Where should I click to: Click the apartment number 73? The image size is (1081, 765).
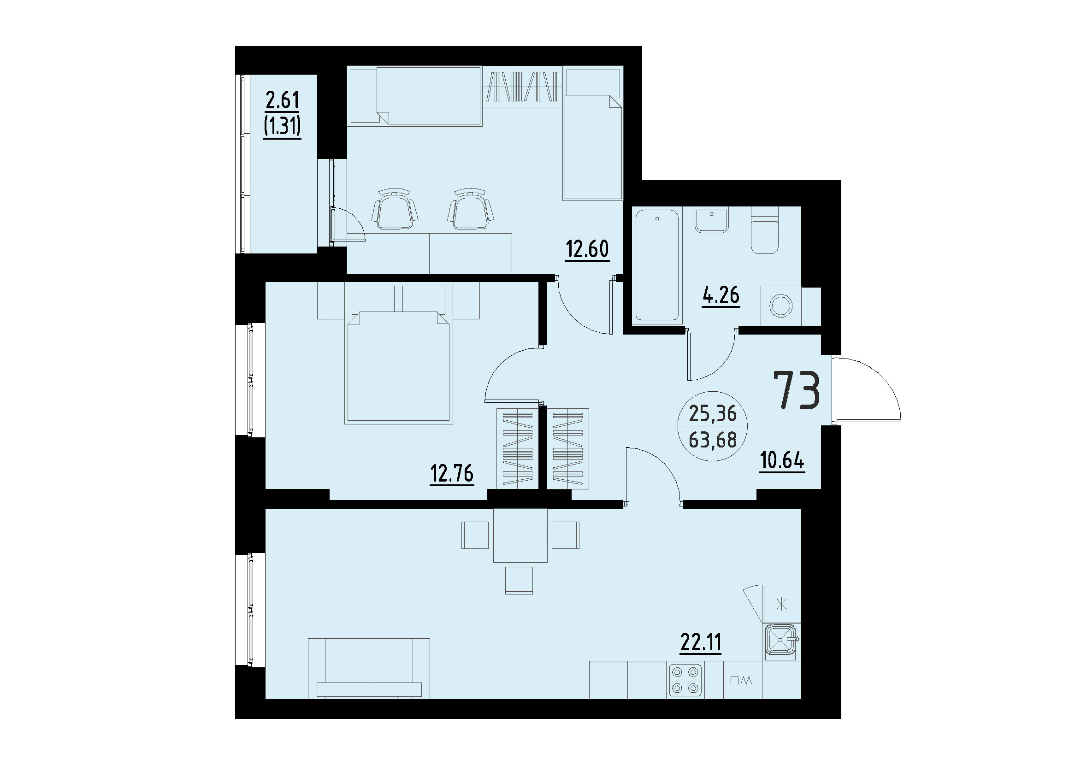pos(797,389)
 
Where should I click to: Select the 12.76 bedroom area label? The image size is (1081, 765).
pos(451,473)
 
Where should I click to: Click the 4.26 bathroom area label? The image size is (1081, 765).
pos(721,295)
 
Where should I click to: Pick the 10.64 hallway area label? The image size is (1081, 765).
pos(782,460)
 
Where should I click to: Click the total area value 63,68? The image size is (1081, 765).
pos(713,441)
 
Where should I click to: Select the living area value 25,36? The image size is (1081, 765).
pos(713,413)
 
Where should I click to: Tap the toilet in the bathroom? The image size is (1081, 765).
pos(764,235)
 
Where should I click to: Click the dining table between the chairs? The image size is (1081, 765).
pos(520,535)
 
